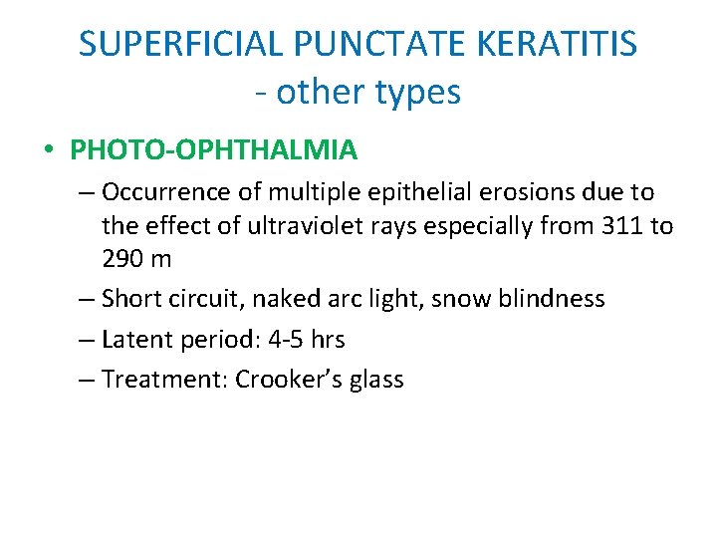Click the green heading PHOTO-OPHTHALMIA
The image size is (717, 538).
[x=213, y=150]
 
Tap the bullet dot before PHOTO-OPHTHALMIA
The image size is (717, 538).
[x=49, y=151]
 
